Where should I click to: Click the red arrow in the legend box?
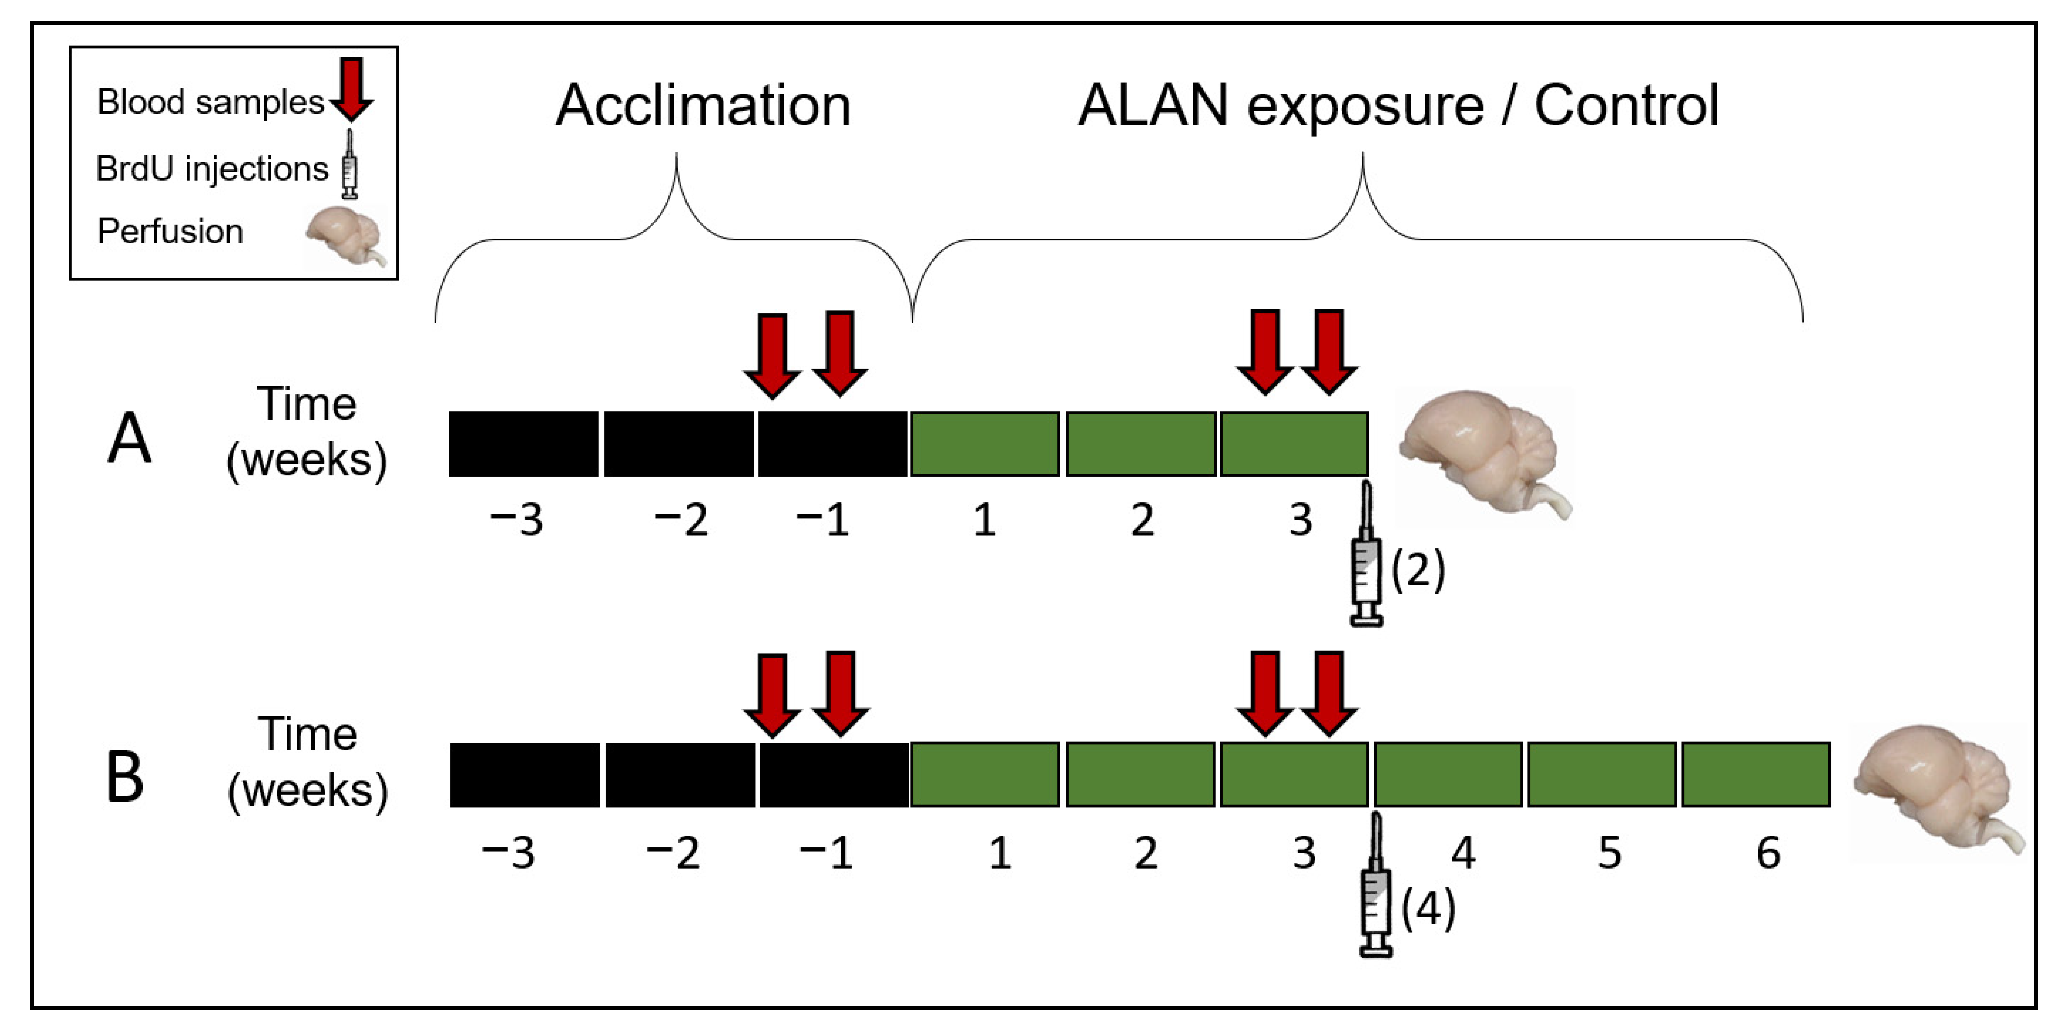(351, 88)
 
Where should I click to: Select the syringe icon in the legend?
(349, 165)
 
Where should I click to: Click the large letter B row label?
(125, 777)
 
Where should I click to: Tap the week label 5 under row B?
(1609, 853)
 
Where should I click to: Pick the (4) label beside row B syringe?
(1428, 909)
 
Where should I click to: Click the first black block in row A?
(524, 444)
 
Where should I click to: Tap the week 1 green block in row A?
(985, 444)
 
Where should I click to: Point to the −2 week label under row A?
(680, 521)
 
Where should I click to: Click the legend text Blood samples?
(210, 102)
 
